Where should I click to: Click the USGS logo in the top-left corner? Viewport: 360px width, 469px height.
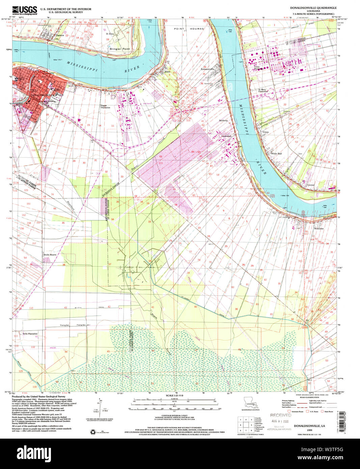click(25, 10)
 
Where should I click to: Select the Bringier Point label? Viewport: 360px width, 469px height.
click(119, 49)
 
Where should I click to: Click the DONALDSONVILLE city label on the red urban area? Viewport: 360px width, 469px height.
click(42, 95)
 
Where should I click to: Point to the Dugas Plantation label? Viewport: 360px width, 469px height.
click(105, 107)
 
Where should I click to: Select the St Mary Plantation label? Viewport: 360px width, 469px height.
click(263, 90)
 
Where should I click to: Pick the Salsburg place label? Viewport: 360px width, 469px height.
click(223, 120)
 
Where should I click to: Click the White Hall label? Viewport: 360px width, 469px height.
click(276, 154)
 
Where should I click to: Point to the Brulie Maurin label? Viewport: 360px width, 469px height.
click(50, 255)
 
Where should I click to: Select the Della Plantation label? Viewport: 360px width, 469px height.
click(30, 334)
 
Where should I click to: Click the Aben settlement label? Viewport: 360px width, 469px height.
click(167, 72)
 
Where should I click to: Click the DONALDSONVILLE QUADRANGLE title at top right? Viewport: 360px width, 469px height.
click(313, 7)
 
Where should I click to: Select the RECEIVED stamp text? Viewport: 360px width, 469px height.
click(280, 415)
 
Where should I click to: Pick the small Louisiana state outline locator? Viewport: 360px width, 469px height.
click(250, 403)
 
